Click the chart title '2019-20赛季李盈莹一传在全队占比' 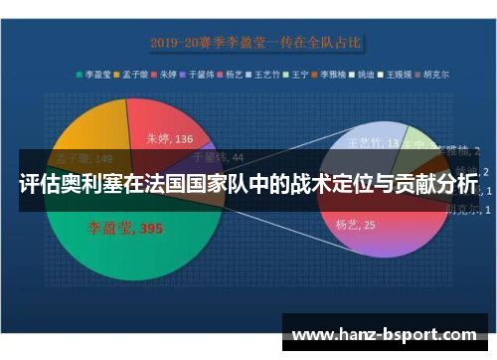coord(255,43)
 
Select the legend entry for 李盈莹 coord(97,74)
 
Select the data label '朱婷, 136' coord(170,139)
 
